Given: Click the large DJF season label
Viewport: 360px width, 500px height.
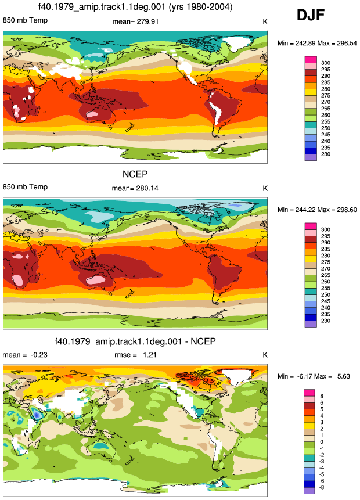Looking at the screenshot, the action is point(311,15).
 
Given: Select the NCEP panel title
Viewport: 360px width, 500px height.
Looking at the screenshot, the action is point(135,174).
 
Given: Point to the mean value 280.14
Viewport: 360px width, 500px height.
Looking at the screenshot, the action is point(146,188).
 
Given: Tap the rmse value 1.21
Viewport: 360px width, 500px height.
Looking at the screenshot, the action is point(149,355).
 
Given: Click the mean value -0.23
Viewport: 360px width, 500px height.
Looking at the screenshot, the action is point(39,355).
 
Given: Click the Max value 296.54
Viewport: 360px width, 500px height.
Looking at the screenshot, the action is point(347,43).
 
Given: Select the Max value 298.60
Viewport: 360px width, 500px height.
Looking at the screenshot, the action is point(347,210).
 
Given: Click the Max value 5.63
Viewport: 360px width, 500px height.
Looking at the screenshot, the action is point(343,376).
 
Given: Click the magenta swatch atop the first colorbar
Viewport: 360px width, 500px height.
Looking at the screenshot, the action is point(311,60).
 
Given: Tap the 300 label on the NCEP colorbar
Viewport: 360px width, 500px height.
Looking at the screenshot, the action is point(326,229).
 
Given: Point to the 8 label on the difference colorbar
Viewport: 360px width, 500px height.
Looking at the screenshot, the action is point(322,396).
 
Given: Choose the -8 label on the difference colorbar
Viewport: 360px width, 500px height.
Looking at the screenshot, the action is point(322,487).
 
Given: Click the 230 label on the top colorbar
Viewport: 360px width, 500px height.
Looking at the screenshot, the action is point(326,154).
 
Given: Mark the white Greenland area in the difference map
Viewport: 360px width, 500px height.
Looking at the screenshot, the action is point(238,378).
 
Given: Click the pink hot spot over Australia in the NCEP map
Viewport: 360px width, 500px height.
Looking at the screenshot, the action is point(96,280).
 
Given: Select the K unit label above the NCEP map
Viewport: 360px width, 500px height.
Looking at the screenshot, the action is point(265,189).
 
